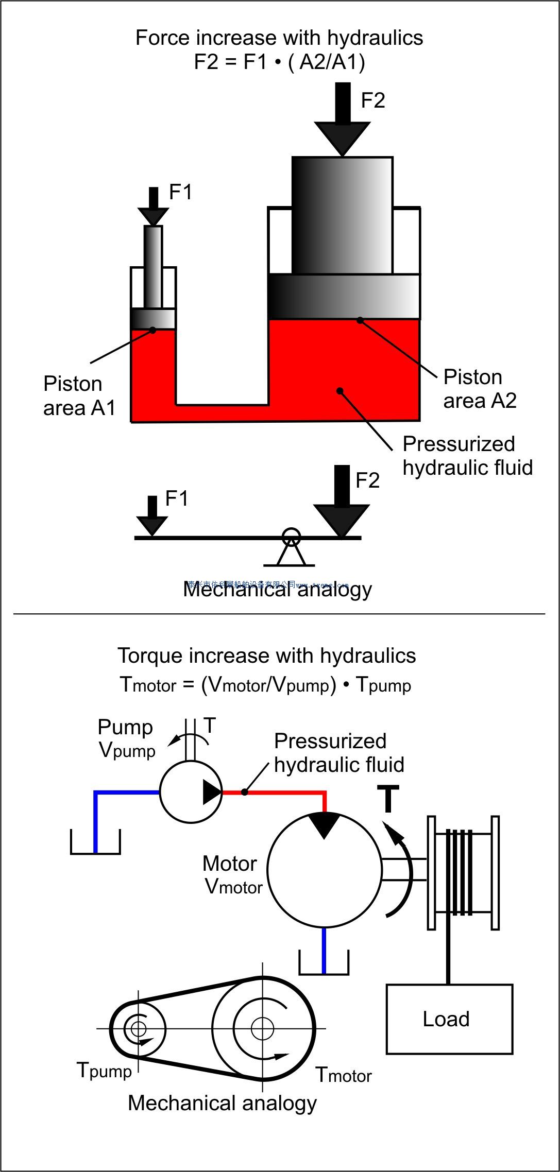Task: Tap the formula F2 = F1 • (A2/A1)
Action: pyautogui.click(x=279, y=62)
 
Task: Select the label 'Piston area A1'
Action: pyautogui.click(x=79, y=396)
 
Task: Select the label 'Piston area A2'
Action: pyautogui.click(x=479, y=389)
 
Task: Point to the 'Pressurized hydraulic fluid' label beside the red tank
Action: pyautogui.click(x=467, y=456)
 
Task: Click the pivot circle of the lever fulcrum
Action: pyautogui.click(x=291, y=536)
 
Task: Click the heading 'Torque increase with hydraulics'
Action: pyautogui.click(x=266, y=656)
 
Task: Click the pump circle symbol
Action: pyautogui.click(x=190, y=792)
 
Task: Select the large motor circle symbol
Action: pyautogui.click(x=325, y=870)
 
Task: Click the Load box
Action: pyautogui.click(x=449, y=1019)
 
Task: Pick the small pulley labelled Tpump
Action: pyautogui.click(x=138, y=1029)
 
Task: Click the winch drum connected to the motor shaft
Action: pyautogui.click(x=463, y=872)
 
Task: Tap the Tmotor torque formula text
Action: pyautogui.click(x=265, y=685)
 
